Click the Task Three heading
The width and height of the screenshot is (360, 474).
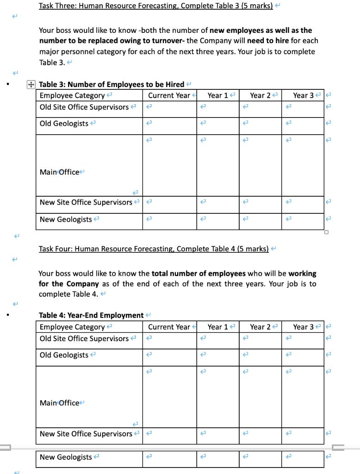[x=155, y=6]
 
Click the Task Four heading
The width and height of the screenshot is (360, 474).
[x=154, y=249]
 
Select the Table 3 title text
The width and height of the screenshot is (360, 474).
[x=112, y=84]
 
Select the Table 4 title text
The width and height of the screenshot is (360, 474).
[x=91, y=315]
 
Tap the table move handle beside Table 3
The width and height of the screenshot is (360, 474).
[x=31, y=85]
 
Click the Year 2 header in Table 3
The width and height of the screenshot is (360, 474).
[x=261, y=95]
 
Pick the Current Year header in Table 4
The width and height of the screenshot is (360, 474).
[x=169, y=327]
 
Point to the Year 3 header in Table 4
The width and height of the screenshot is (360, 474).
[x=303, y=327]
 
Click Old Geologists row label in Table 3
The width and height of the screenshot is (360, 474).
[x=64, y=124]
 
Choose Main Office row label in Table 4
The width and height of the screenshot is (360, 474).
[x=60, y=403]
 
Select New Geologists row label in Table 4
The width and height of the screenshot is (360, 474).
[x=66, y=457]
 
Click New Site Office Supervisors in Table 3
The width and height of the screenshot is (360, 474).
[x=86, y=202]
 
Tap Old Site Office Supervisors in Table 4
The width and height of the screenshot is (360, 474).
[x=84, y=338]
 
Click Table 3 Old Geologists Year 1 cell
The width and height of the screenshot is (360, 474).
[x=217, y=126]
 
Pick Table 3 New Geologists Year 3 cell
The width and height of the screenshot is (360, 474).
[x=303, y=221]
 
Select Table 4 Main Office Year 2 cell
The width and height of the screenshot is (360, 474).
[x=260, y=397]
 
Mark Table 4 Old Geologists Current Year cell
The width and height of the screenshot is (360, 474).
[x=169, y=357]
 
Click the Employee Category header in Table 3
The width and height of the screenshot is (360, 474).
[x=72, y=95]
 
